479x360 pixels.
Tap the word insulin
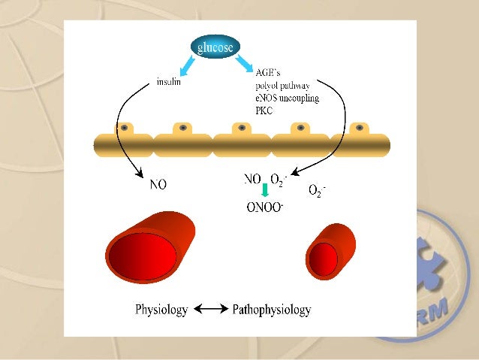tap(169, 83)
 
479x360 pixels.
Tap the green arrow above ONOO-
tap(264, 191)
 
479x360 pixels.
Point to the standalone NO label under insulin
tap(158, 183)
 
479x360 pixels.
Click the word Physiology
tap(161, 309)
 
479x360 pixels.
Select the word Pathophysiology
tap(272, 309)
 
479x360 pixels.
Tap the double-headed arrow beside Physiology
tap(210, 309)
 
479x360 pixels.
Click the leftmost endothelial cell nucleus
tap(124, 128)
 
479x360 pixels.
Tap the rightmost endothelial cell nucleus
tap(360, 128)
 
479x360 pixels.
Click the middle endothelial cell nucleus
tap(242, 128)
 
